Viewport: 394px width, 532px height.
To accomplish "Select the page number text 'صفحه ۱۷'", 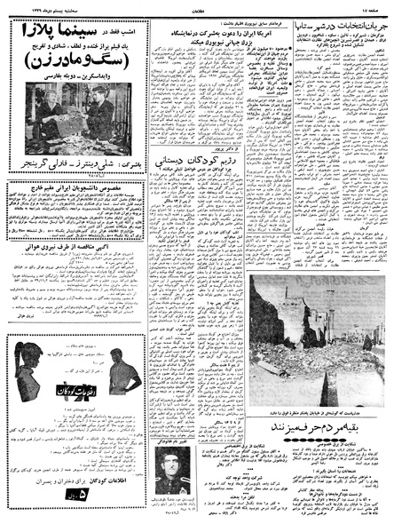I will pos(372,6).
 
